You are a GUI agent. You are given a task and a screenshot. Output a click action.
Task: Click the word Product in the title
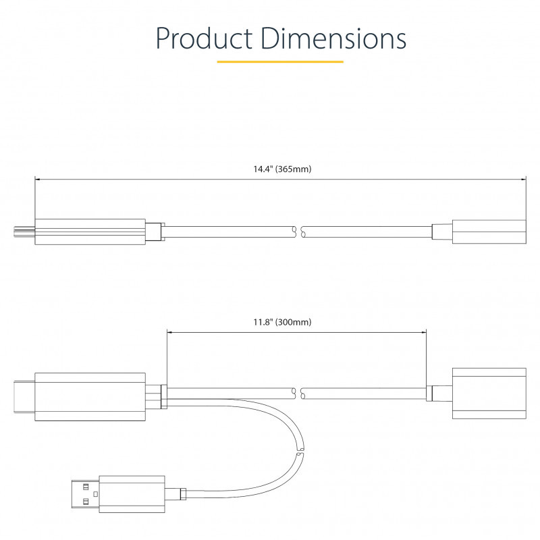pyautogui.click(x=204, y=38)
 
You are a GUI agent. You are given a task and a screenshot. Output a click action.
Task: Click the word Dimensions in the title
pyautogui.click(x=333, y=38)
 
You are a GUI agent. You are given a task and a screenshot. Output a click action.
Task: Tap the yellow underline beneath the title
pyautogui.click(x=280, y=62)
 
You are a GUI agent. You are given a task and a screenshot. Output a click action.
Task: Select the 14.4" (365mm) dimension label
pyautogui.click(x=282, y=169)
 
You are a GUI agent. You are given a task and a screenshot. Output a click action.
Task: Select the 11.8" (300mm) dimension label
pyautogui.click(x=282, y=323)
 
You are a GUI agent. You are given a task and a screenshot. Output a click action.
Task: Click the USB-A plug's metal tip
pyautogui.click(x=86, y=494)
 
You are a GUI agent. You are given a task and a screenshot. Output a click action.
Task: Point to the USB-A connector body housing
pyautogui.click(x=132, y=494)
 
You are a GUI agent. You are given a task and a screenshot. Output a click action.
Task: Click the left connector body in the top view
pyautogui.click(x=90, y=232)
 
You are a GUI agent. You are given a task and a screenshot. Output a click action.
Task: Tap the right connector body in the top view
pyautogui.click(x=489, y=232)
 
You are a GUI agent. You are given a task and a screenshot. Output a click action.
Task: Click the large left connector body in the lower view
pyautogui.click(x=90, y=397)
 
